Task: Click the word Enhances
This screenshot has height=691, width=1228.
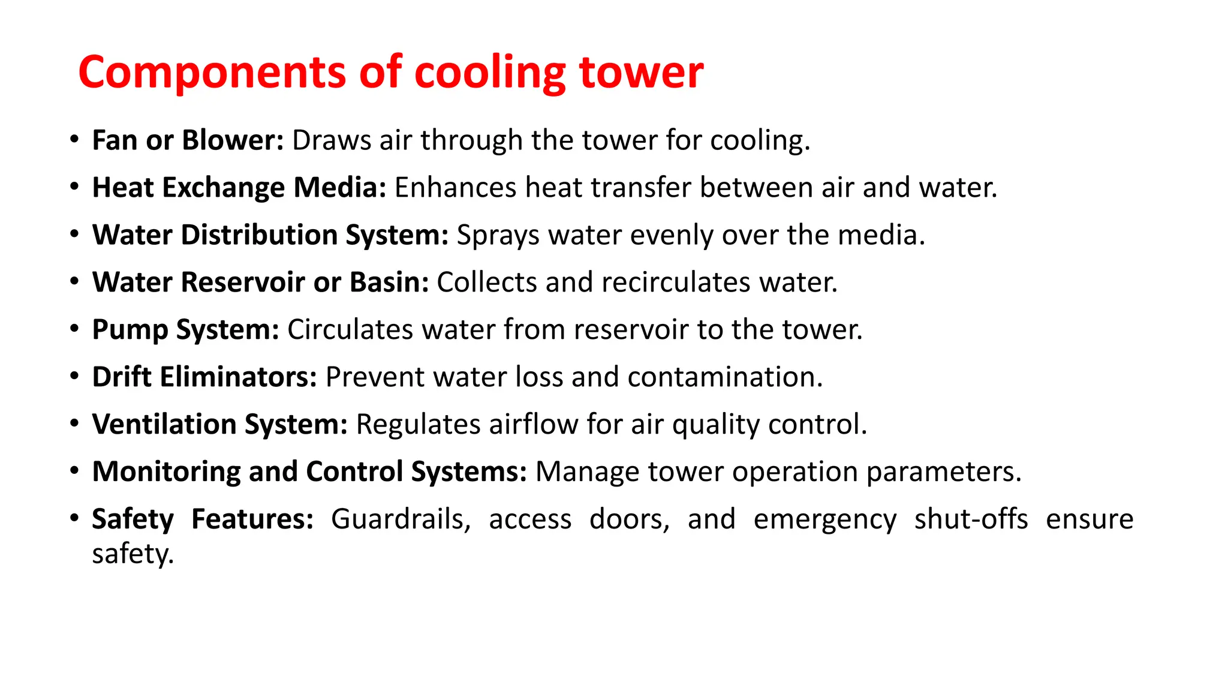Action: click(x=455, y=188)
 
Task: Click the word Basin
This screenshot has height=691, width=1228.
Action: click(x=389, y=283)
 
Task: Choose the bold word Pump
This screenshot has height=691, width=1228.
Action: click(x=130, y=330)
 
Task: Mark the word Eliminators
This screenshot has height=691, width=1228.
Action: click(x=238, y=377)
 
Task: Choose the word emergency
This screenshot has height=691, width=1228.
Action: click(x=825, y=519)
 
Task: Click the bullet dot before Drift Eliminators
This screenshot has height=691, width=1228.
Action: click(x=74, y=377)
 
